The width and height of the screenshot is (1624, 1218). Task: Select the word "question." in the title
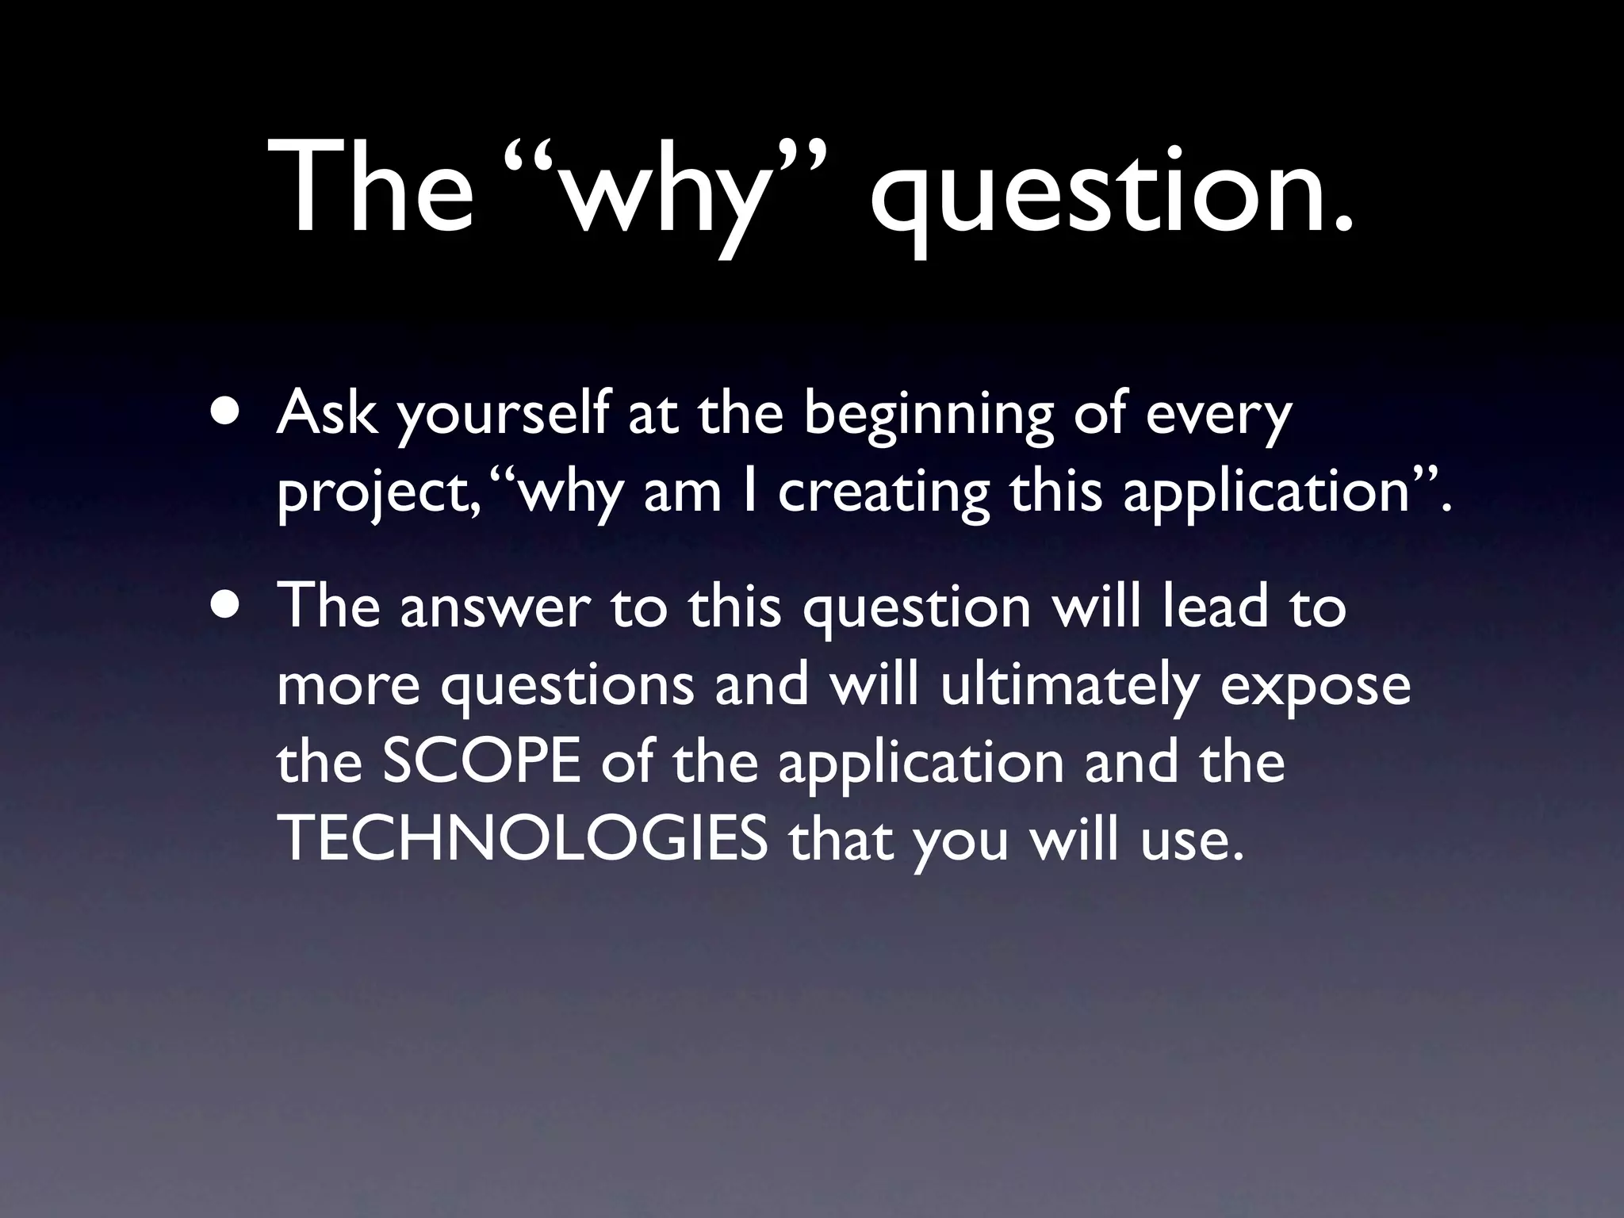click(x=1110, y=194)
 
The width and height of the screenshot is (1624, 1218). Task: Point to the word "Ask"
click(x=326, y=414)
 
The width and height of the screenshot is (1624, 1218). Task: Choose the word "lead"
click(x=1216, y=606)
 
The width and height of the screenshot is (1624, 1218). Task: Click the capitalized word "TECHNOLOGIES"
click(x=524, y=839)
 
